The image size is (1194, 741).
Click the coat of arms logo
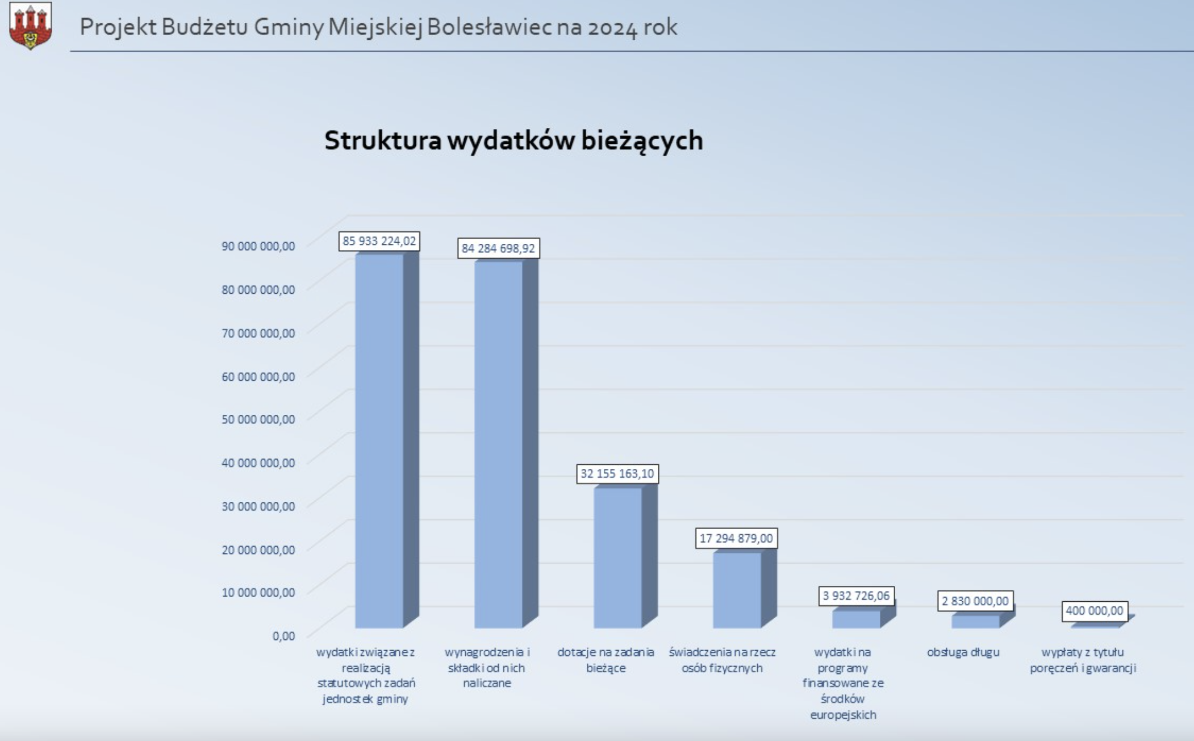[31, 26]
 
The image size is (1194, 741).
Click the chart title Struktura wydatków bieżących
[513, 140]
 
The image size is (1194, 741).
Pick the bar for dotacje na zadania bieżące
[625, 556]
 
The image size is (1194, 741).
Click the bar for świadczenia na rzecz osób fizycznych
[745, 589]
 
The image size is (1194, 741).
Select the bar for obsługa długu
[983, 620]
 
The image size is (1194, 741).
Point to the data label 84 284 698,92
[498, 248]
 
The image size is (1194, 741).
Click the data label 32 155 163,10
[617, 473]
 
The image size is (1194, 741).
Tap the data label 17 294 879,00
[736, 538]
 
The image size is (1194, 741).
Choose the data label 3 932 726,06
[856, 596]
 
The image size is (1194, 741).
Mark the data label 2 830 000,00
[975, 601]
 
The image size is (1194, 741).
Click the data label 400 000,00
[1095, 611]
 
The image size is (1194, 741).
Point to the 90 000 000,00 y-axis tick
[258, 246]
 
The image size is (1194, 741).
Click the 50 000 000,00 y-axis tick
[258, 419]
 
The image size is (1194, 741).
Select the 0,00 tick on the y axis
[283, 636]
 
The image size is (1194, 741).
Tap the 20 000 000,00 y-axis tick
[258, 549]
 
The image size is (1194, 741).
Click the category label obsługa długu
[963, 652]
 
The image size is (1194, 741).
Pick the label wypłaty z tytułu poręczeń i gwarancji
[1083, 660]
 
